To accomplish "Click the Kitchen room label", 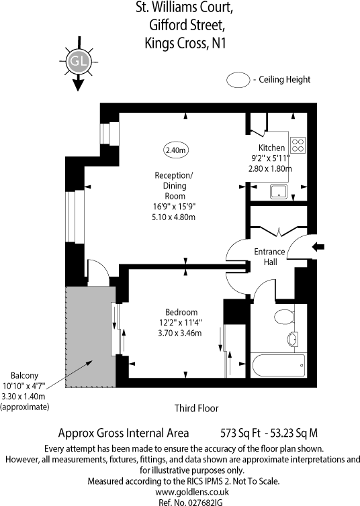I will pos(271,148).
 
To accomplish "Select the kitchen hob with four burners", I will pos(297,146).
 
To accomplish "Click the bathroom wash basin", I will pos(293,340).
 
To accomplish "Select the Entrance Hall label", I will pos(269,257).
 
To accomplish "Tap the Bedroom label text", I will pos(181,312).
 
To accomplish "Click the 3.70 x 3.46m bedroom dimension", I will pos(179,334).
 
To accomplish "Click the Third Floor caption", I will pos(196,408).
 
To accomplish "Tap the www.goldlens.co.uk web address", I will pos(179,491).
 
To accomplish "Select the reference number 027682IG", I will pos(179,501).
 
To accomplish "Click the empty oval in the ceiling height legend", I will pos(238,80).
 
